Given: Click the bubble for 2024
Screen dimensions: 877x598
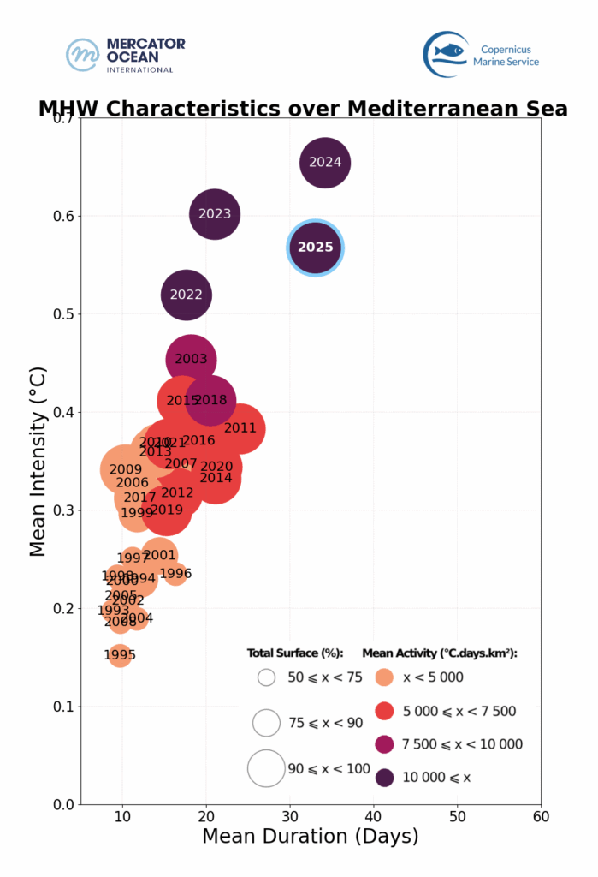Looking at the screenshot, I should [325, 162].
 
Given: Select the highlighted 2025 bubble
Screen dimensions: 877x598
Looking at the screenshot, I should [315, 248].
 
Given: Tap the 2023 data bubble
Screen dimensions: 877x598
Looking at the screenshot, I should [215, 214].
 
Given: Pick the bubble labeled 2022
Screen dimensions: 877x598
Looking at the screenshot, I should [187, 295].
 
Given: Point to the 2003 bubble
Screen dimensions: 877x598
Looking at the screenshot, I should [191, 360].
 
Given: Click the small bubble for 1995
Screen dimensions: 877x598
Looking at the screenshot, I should [120, 655].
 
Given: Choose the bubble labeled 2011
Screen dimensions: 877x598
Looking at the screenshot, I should [240, 428].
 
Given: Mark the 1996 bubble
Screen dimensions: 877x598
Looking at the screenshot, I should [175, 573].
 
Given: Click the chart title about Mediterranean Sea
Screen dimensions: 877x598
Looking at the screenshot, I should [303, 109].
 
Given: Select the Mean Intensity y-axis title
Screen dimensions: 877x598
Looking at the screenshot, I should [38, 460].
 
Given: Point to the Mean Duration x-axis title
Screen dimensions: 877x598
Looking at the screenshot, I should [310, 837].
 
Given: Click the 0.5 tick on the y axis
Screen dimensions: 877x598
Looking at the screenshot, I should [66, 314].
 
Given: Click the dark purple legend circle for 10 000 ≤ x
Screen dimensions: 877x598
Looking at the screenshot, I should [385, 777].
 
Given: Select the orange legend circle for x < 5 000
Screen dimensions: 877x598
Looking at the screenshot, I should [385, 677].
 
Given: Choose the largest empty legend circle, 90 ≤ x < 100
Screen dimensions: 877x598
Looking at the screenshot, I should [266, 768].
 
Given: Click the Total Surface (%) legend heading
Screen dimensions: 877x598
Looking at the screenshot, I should [294, 653].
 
